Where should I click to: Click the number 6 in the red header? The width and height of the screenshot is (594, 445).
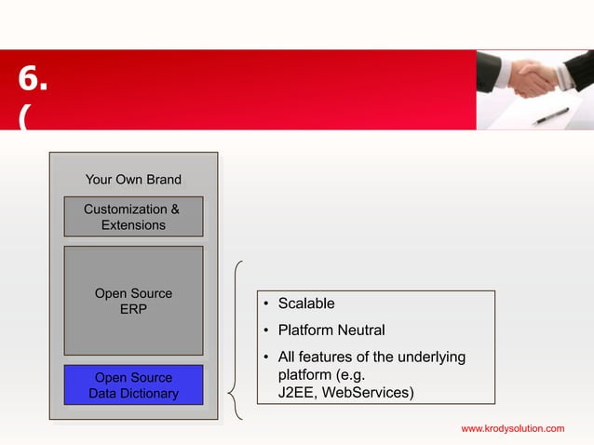tap(33, 81)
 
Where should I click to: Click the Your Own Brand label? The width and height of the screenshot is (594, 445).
tap(133, 179)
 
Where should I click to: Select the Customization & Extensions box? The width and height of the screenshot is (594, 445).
tap(133, 217)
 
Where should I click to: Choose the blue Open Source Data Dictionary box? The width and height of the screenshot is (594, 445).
tap(133, 385)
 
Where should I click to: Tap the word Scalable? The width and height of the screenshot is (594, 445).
tap(306, 303)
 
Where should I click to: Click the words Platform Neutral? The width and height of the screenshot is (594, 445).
tap(331, 330)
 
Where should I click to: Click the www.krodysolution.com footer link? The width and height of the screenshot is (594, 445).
tap(513, 428)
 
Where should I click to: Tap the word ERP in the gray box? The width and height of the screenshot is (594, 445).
tap(133, 309)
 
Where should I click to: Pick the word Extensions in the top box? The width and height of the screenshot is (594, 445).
tap(133, 225)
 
